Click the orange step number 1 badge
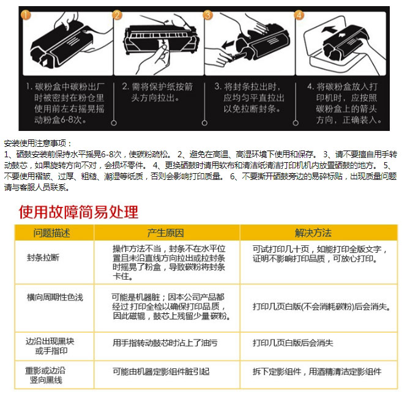[26, 15]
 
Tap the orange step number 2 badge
[117, 15]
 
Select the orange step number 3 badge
[207, 15]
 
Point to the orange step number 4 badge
[299, 15]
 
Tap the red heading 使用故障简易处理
[78, 212]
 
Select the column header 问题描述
[51, 233]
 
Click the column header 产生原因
[165, 233]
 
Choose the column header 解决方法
[313, 233]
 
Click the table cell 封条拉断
[43, 258]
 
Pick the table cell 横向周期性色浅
[55, 297]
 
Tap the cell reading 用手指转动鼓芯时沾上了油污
[165, 343]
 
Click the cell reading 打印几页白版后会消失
[293, 343]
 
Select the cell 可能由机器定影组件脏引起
[161, 371]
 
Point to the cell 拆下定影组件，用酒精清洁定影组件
[317, 371]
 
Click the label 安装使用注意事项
[38, 143]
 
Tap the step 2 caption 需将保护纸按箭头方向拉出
[157, 92]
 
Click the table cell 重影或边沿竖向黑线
[45, 375]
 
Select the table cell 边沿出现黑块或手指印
[50, 346]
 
